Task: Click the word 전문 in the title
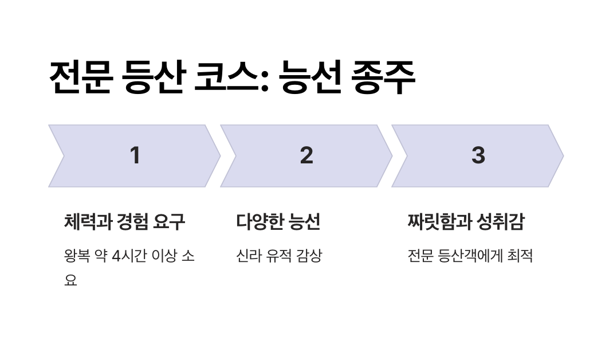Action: point(80,77)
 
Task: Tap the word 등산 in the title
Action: point(153,77)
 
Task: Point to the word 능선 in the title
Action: point(310,77)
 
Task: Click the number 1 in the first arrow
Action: point(135,155)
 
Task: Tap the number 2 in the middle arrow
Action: point(306,155)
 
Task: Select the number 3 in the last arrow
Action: point(478,155)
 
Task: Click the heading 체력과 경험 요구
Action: point(124,222)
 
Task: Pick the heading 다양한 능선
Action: point(278,222)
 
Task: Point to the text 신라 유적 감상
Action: point(279,256)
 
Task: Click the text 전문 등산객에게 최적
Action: point(470,256)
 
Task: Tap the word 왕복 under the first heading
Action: point(77,256)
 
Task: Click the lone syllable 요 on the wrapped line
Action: point(70,281)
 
